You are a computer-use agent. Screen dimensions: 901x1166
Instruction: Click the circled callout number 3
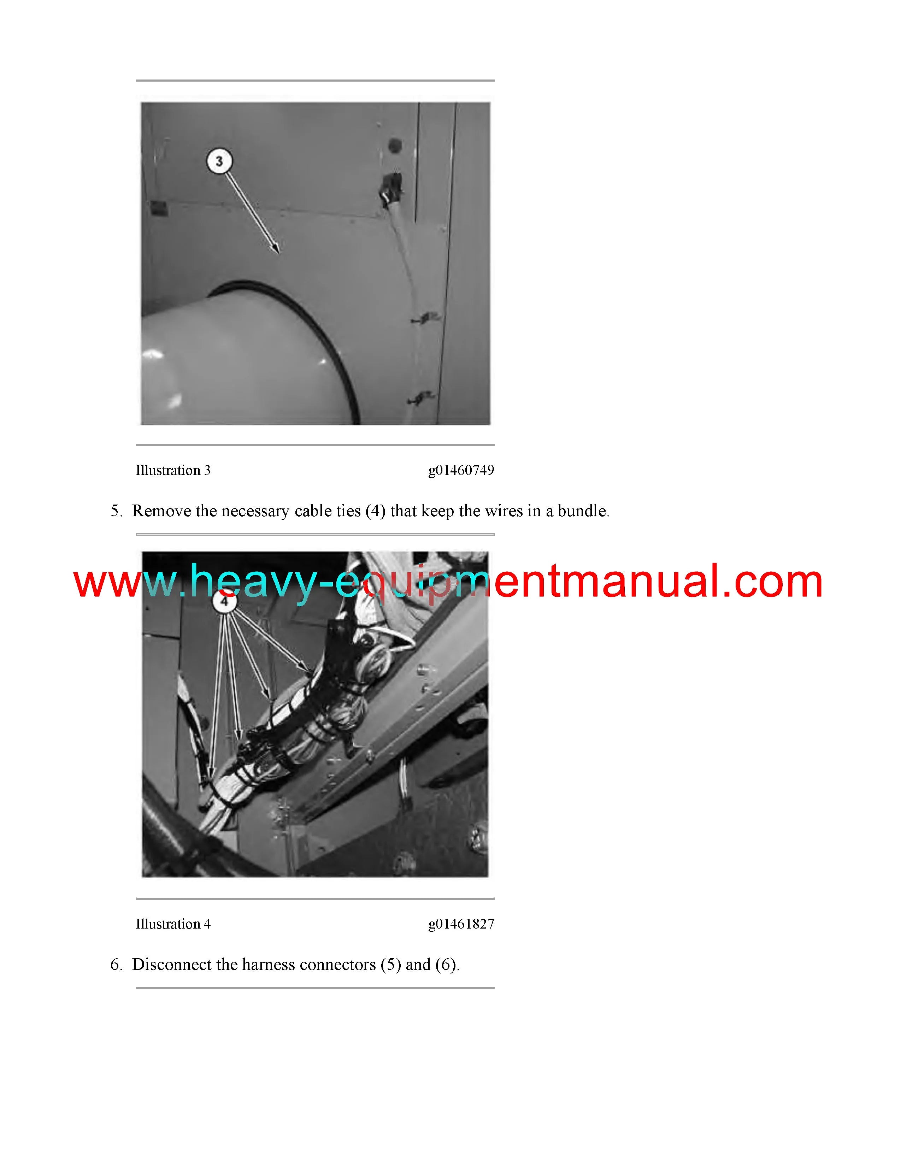tap(219, 161)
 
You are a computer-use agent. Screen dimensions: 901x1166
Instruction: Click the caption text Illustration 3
tap(173, 470)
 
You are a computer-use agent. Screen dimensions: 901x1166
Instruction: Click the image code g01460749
tap(461, 470)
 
